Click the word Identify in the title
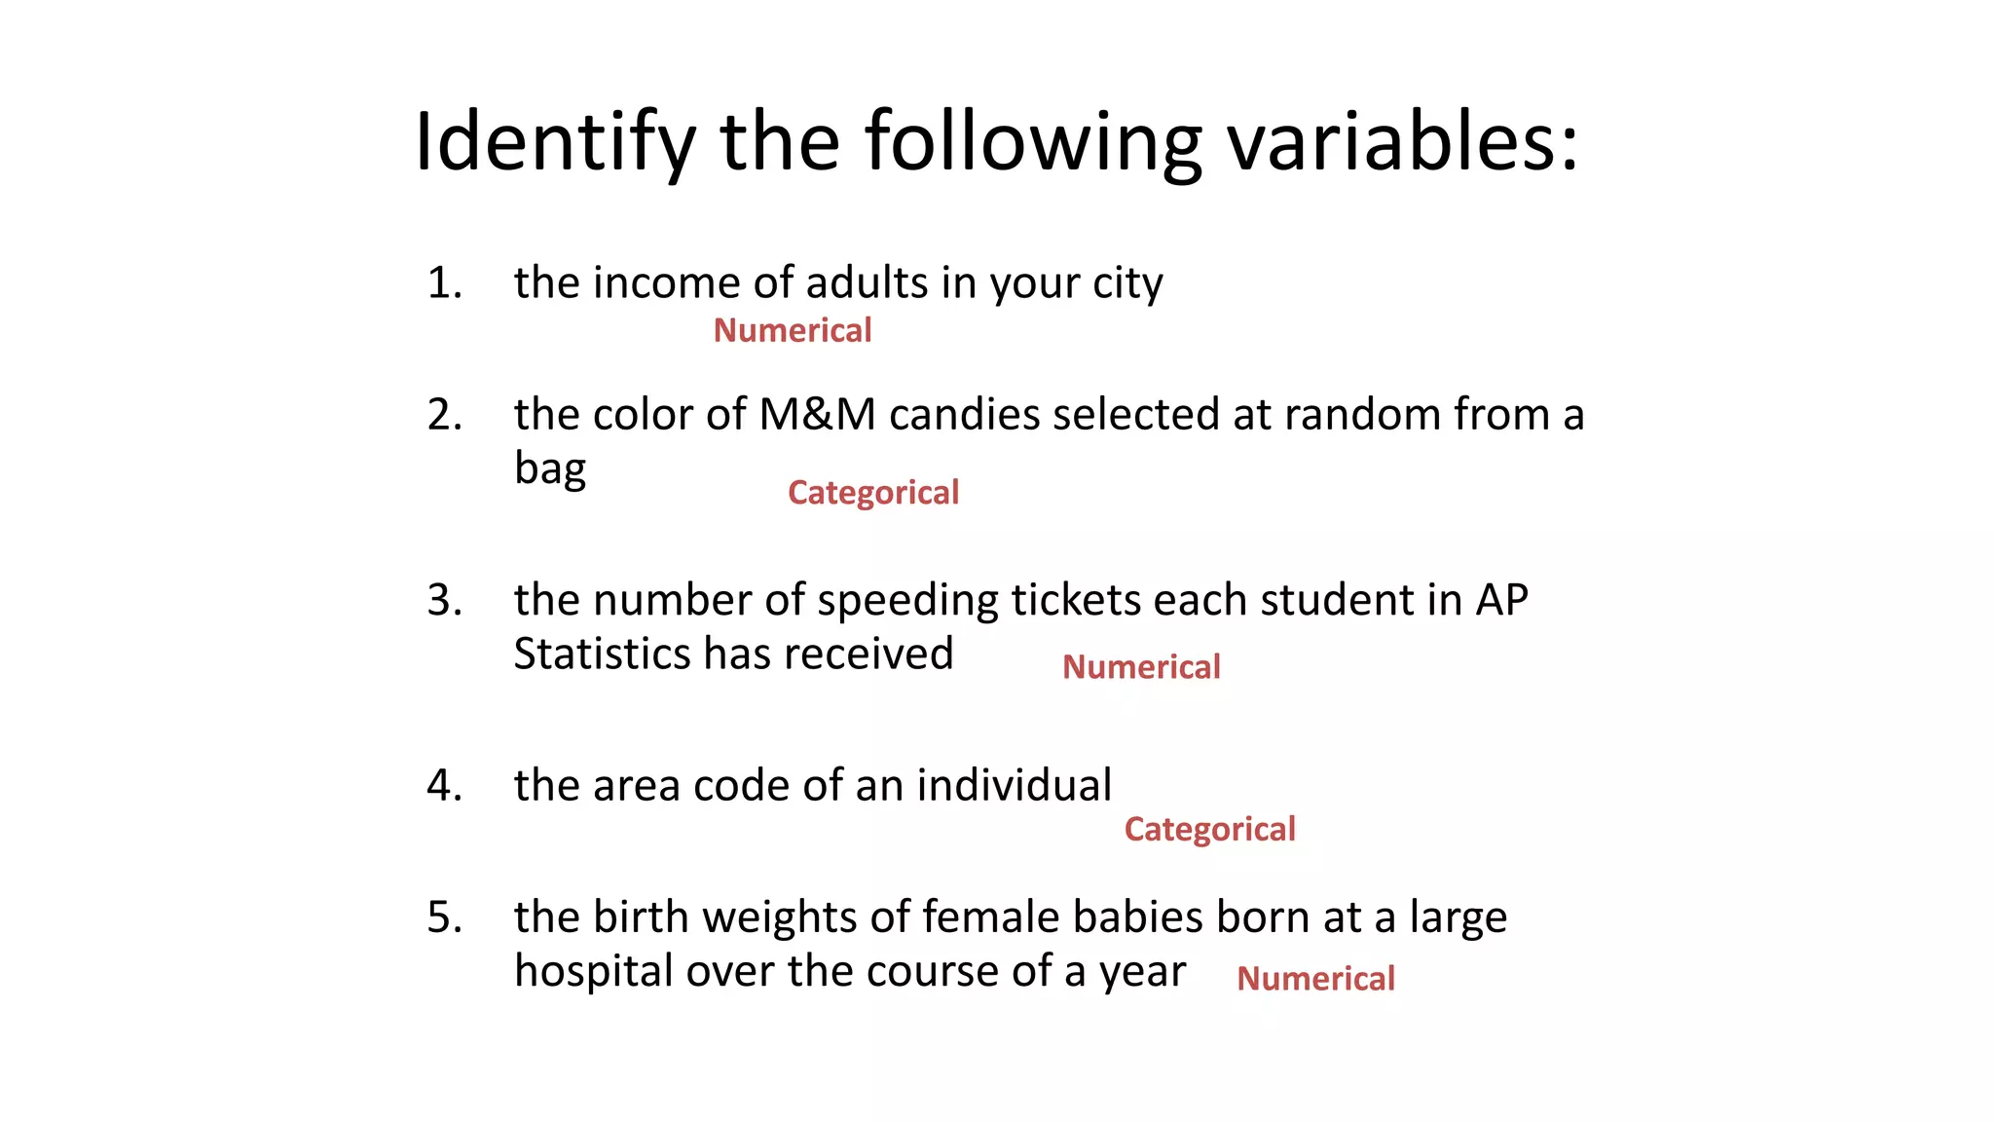click(554, 142)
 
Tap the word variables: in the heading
click(1401, 142)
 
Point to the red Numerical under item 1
click(792, 331)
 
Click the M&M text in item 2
click(817, 415)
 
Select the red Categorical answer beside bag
click(872, 493)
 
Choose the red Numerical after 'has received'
click(1140, 667)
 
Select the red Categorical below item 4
click(1209, 830)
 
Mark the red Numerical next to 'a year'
click(1315, 979)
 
